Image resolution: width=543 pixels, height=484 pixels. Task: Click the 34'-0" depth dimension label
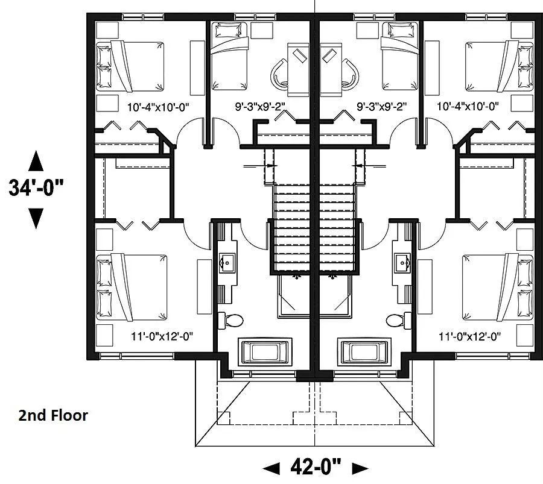point(36,188)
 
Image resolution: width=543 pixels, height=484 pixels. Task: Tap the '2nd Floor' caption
point(53,415)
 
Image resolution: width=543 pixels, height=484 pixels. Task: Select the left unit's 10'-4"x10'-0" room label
point(158,107)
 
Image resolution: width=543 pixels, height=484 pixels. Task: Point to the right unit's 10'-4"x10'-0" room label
point(468,106)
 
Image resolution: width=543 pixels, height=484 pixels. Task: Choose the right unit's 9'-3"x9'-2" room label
point(382,106)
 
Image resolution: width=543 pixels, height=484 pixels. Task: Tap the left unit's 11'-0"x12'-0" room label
point(162,336)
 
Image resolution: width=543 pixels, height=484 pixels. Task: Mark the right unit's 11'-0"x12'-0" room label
point(469,336)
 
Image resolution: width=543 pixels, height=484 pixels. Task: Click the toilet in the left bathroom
point(230,321)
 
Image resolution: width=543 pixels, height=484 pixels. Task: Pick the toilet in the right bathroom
point(399,321)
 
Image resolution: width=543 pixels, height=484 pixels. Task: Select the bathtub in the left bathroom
point(265,353)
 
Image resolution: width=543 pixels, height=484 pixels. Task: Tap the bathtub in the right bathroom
point(364,353)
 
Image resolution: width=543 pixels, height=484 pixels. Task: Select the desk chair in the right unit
point(350,74)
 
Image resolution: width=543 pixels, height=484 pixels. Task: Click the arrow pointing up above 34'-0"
point(36,161)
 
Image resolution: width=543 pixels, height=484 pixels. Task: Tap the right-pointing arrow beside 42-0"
point(360,468)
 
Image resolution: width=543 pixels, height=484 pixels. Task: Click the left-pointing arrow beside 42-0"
point(271,468)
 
